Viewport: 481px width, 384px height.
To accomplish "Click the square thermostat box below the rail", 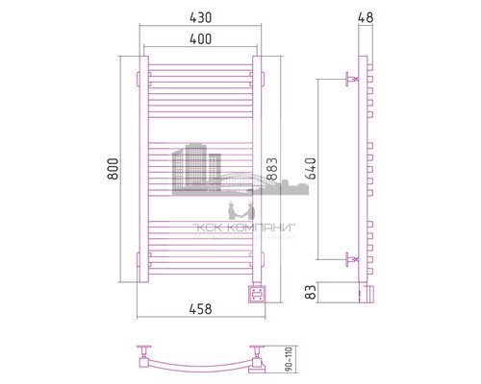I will point(257,292).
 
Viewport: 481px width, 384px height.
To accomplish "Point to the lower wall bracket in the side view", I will point(351,258).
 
